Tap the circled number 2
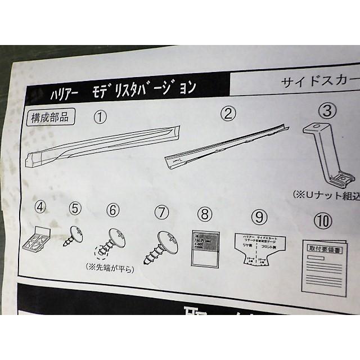click(227, 114)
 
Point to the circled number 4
click(40, 207)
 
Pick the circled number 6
click(113, 210)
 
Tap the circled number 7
click(161, 212)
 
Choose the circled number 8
click(205, 214)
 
